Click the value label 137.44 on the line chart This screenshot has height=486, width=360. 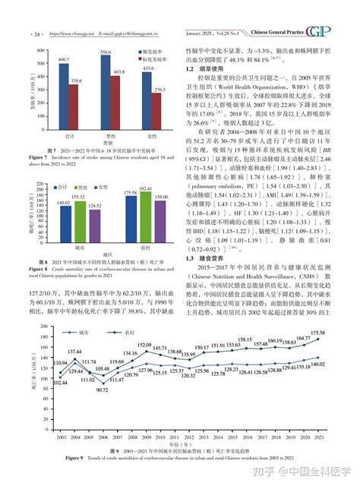pos(54,352)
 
